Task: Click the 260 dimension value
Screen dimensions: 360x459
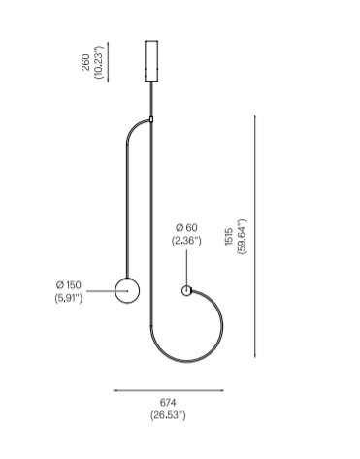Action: tap(85, 62)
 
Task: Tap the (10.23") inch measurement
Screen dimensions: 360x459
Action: tap(99, 62)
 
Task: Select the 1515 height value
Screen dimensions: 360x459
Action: tap(229, 237)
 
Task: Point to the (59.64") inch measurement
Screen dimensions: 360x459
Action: tap(242, 237)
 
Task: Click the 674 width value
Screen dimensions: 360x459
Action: tap(168, 403)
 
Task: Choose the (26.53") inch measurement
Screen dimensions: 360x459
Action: tap(168, 415)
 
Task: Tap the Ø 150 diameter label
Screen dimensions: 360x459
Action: tap(69, 285)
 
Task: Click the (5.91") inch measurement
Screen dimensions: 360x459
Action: tap(69, 298)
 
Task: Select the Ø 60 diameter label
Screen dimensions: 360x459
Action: tap(186, 227)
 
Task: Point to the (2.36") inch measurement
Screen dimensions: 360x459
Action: tap(186, 241)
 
